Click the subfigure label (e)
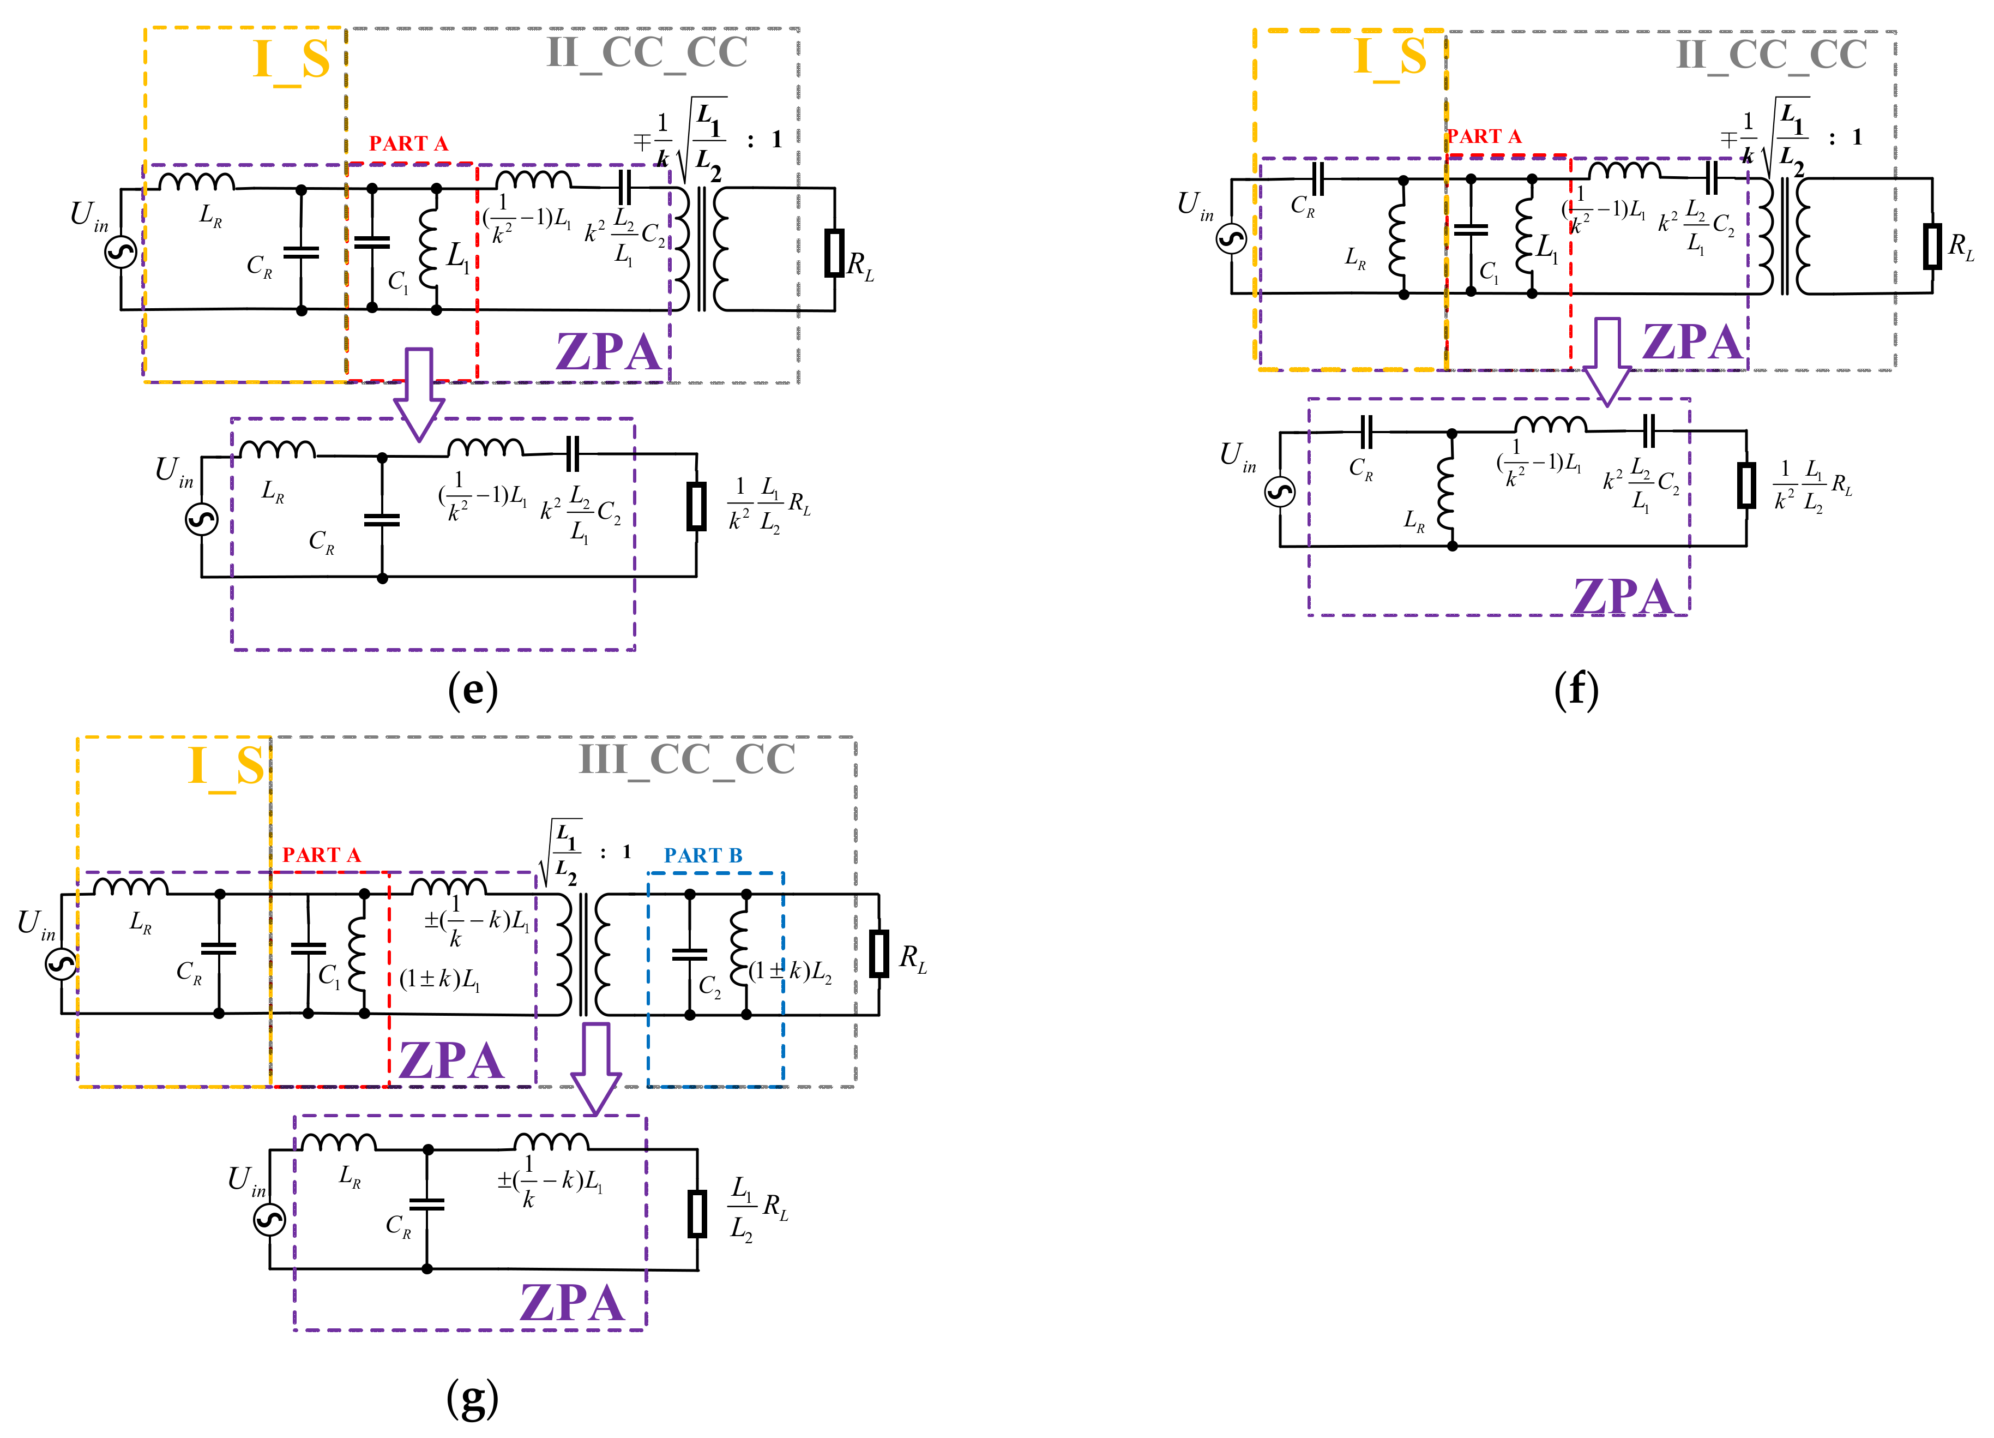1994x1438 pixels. (x=472, y=691)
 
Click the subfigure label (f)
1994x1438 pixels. (x=1575, y=691)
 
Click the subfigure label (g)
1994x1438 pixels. (x=472, y=1398)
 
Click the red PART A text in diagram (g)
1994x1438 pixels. (x=321, y=855)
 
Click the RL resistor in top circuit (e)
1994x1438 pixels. (x=834, y=253)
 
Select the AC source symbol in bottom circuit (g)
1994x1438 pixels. (x=270, y=1219)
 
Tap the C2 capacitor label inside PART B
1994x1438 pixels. (x=709, y=987)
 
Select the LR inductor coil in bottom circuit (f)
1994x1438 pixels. (x=1444, y=493)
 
